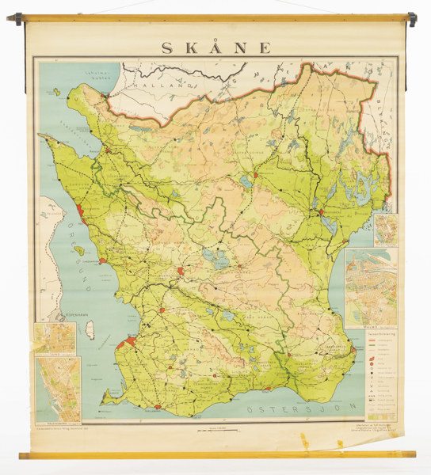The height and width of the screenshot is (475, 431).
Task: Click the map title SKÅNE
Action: pyautogui.click(x=215, y=47)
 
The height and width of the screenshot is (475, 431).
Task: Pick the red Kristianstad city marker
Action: pyautogui.click(x=320, y=212)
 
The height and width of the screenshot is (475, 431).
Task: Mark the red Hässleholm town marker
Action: pyautogui.click(x=256, y=175)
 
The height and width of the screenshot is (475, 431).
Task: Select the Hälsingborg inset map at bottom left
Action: pyautogui.click(x=57, y=389)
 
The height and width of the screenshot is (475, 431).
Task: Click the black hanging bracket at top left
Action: pyautogui.click(x=17, y=19)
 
